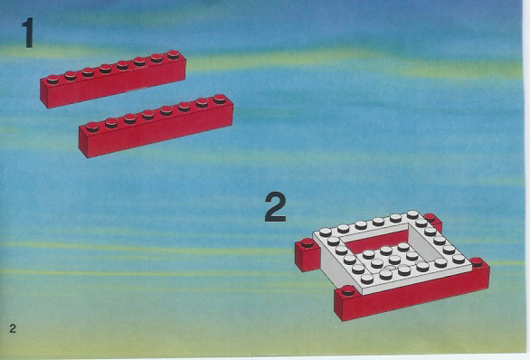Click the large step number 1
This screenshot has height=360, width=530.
28,33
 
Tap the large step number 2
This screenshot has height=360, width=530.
276,207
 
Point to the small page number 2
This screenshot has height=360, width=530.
13,328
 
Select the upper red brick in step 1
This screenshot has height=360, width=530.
113,79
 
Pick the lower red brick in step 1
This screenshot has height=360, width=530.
156,126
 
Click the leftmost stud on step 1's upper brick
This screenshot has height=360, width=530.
52,79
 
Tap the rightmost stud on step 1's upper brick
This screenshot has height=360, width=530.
174,54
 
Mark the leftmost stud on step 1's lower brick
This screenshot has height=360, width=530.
92,127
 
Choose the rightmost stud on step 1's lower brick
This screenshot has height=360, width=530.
220,99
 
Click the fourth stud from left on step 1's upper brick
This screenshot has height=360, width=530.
106,68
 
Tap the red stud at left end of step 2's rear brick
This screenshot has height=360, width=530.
308,242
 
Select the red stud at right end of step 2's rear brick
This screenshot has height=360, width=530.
430,218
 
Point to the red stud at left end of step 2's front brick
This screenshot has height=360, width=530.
348,290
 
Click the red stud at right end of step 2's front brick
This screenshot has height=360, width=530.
477,262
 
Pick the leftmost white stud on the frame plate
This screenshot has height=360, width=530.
326,232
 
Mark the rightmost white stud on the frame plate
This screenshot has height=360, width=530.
459,259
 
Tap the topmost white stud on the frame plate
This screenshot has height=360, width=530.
412,214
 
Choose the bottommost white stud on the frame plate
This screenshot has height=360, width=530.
367,279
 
